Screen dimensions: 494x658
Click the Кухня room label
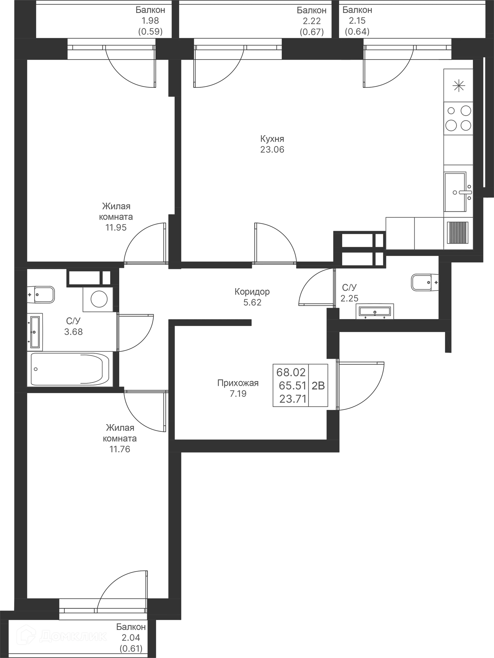pos(272,139)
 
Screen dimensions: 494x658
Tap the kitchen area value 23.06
pos(272,150)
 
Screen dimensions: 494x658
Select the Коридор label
pos(252,292)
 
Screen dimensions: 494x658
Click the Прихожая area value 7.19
pos(238,394)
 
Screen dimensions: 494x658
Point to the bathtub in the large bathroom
pos(70,369)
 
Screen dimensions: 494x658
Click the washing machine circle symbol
pos(99,299)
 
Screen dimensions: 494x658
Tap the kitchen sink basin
pos(455,192)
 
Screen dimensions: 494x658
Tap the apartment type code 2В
pos(318,386)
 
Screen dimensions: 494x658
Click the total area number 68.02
pos(291,372)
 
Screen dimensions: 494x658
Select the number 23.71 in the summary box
pos(293,399)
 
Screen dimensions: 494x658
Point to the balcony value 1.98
pos(151,21)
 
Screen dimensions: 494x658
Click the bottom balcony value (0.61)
pos(131,648)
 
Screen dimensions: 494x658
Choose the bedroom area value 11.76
pos(120,449)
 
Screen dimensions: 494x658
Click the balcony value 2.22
pos(312,21)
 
